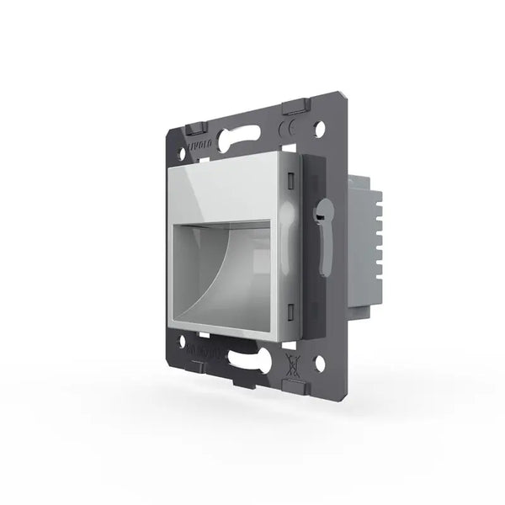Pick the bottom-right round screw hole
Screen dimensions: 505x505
pos(319,364)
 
